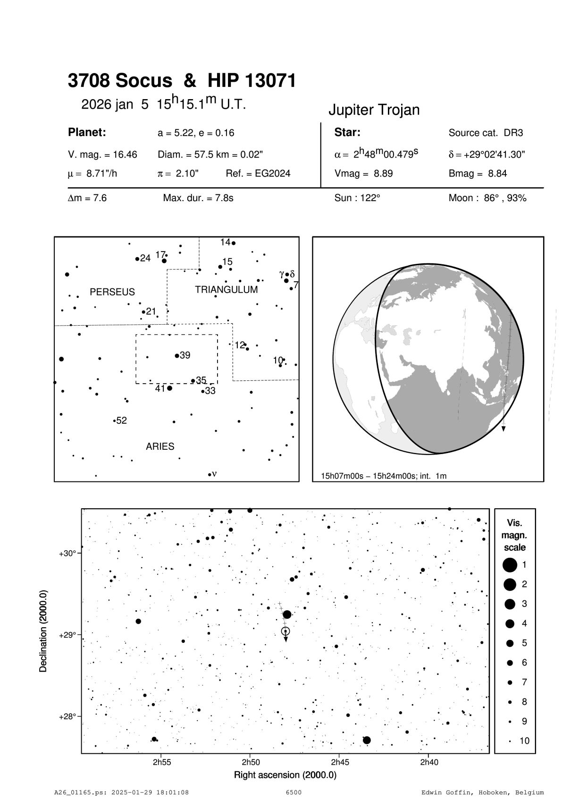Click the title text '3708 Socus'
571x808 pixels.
(x=120, y=81)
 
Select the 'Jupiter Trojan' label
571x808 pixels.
(x=374, y=110)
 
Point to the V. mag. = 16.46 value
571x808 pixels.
(x=102, y=154)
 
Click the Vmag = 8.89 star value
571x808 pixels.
(x=363, y=173)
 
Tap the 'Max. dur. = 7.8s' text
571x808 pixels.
(x=198, y=198)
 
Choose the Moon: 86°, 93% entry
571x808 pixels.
(x=487, y=198)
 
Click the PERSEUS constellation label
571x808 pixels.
(x=112, y=292)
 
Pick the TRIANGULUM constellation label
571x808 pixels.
(x=227, y=289)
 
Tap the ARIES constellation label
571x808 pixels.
(x=160, y=446)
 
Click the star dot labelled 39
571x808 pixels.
(x=177, y=355)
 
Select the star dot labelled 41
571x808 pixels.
(x=170, y=388)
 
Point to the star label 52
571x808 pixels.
(x=121, y=421)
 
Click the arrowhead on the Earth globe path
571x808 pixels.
(x=504, y=429)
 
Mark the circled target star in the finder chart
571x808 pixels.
(x=285, y=631)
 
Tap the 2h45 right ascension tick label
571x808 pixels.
(x=340, y=762)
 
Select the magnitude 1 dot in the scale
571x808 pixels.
(x=510, y=564)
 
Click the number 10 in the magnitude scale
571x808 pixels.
(x=524, y=741)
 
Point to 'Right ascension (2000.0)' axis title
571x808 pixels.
(x=285, y=775)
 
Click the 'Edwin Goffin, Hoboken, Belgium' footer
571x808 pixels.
(x=482, y=792)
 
